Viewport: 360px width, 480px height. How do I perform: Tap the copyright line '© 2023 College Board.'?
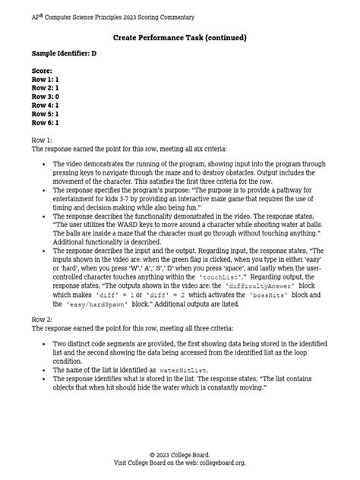pos(179,454)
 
